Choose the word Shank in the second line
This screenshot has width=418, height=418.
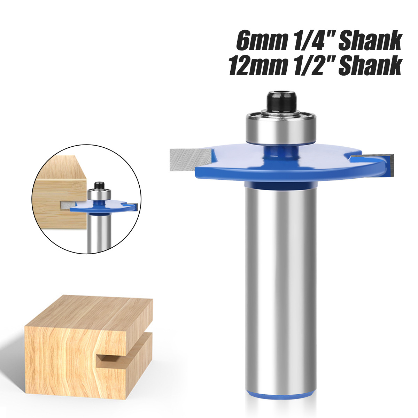pos(369,65)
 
